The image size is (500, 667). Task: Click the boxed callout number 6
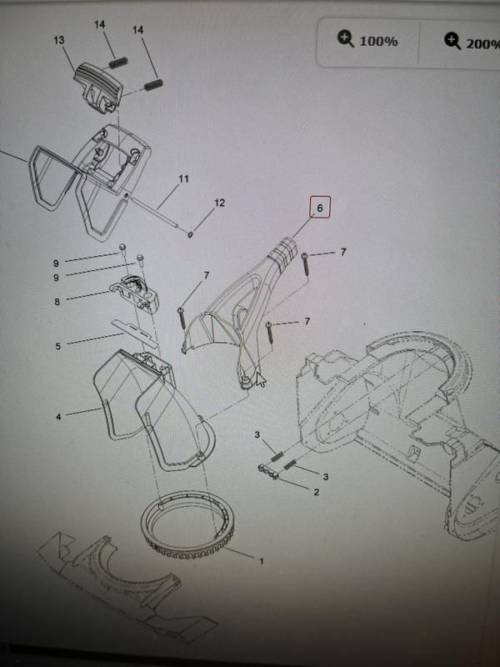[x=320, y=207]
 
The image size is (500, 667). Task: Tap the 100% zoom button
[x=368, y=41]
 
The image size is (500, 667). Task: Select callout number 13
[x=59, y=40]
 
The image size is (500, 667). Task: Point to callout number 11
[x=183, y=178]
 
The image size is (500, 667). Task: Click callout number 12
[x=219, y=203]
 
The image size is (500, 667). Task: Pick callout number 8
[x=57, y=302]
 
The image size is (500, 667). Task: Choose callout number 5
[x=57, y=346]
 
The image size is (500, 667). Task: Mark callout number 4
[x=58, y=417]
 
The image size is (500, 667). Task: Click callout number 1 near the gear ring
[x=261, y=561]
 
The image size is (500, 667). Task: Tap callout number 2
[x=316, y=492]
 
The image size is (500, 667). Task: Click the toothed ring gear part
[x=187, y=524]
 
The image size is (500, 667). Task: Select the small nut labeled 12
[x=190, y=233]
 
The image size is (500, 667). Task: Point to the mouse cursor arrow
[x=261, y=379]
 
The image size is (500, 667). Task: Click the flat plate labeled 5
[x=134, y=333]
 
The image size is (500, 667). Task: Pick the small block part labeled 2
[x=268, y=472]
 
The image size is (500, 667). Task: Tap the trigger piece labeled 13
[x=97, y=88]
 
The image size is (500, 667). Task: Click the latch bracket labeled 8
[x=134, y=293]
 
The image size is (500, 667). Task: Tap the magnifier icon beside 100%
[x=345, y=39]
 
